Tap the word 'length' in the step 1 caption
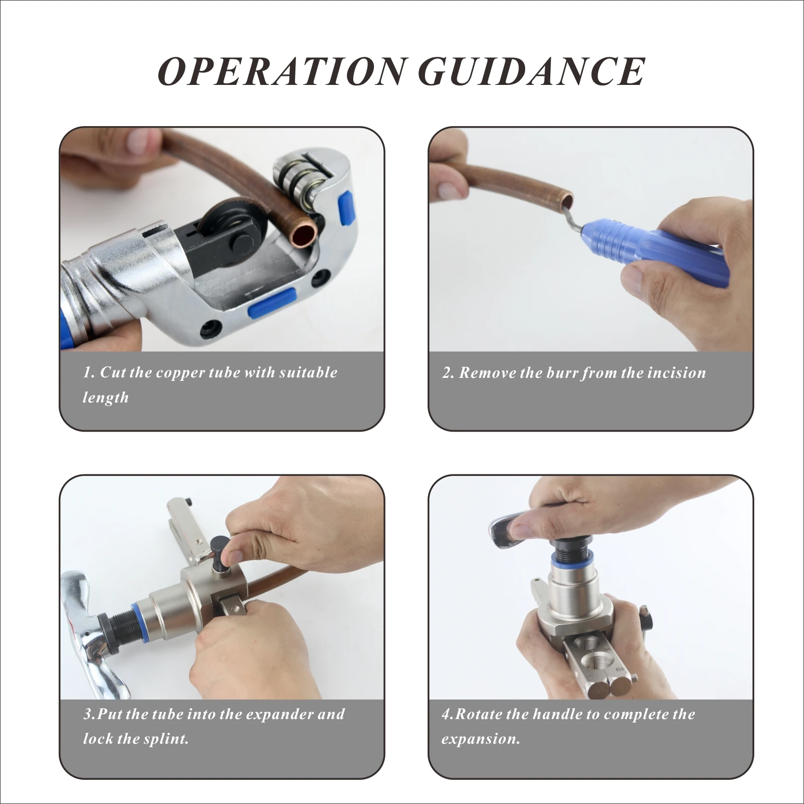pyautogui.click(x=106, y=398)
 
